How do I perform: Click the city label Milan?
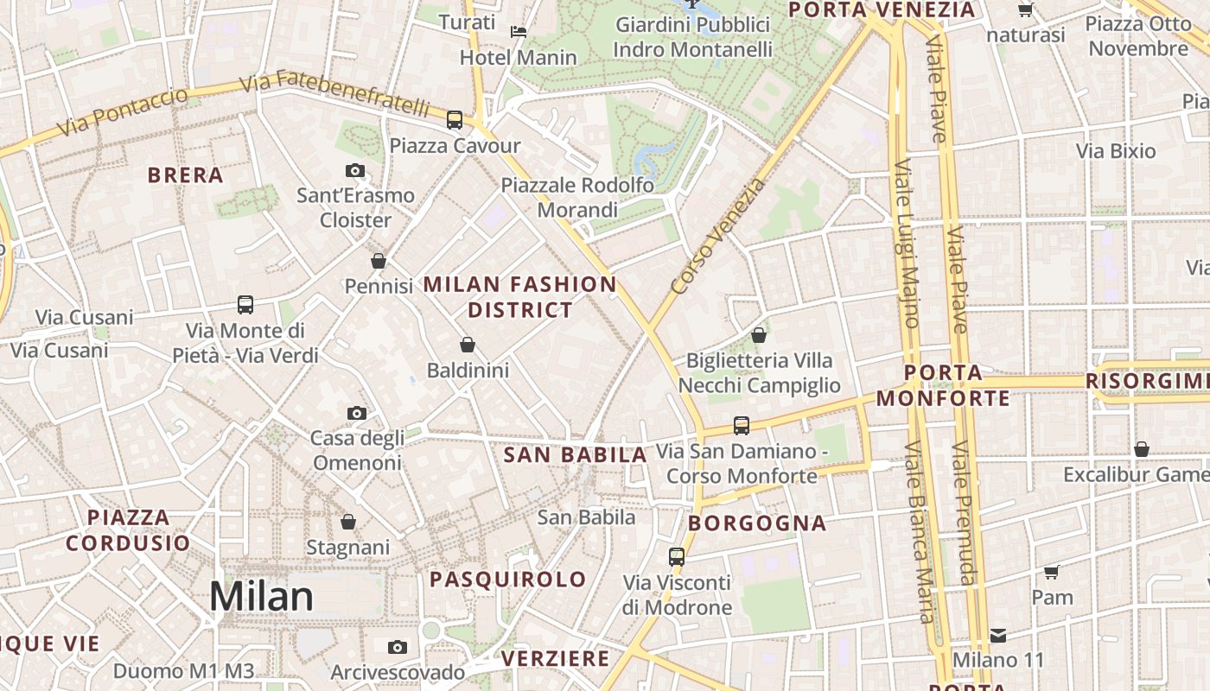[261, 597]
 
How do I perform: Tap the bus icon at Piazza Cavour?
[455, 120]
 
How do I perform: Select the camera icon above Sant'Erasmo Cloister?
[355, 171]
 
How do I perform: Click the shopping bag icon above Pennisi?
[379, 260]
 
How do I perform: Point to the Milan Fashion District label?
[520, 296]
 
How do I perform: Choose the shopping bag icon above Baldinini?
[468, 345]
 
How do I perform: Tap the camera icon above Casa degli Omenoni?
[357, 414]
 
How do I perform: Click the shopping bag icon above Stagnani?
[348, 522]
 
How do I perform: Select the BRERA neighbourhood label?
[186, 175]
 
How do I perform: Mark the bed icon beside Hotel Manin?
[519, 32]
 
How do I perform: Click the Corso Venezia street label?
[718, 236]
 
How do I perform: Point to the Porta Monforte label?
[943, 385]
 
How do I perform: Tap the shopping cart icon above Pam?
[1052, 572]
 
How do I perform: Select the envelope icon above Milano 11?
[998, 636]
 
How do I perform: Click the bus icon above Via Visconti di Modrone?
[677, 557]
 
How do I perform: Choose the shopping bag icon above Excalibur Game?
[1142, 449]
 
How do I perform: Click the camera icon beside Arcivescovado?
[398, 647]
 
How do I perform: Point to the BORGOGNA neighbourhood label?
[757, 523]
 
